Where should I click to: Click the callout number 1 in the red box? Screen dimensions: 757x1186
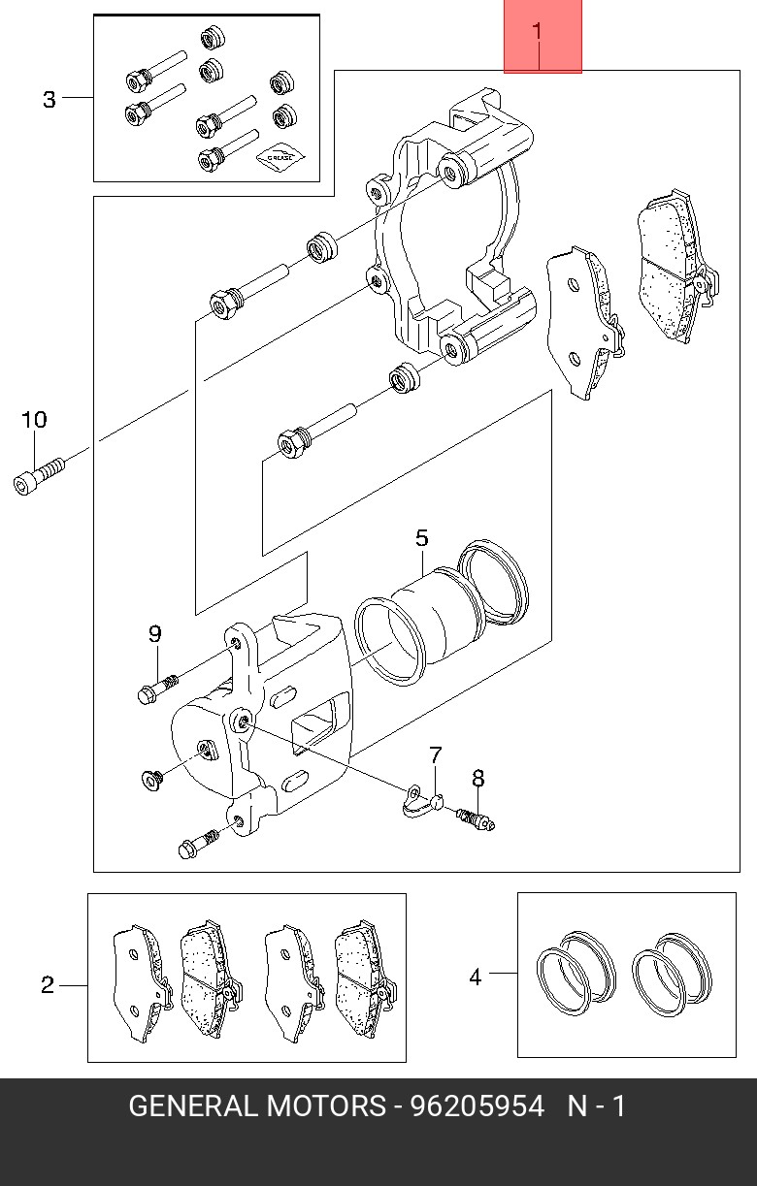[537, 31]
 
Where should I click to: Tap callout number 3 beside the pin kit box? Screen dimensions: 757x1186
[49, 99]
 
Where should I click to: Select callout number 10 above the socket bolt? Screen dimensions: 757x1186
[34, 419]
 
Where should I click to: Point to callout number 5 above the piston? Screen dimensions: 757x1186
[421, 538]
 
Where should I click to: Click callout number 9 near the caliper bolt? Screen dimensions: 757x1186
[154, 633]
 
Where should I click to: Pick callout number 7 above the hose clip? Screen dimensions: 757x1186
[435, 755]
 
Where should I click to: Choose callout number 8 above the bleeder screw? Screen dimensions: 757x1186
[477, 779]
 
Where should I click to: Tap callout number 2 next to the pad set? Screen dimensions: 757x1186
[48, 985]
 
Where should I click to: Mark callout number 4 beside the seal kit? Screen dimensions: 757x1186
[476, 977]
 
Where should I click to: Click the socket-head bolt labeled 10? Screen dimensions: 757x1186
[39, 476]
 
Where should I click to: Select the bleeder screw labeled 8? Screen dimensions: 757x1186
[476, 819]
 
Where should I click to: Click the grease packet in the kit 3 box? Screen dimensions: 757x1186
[281, 157]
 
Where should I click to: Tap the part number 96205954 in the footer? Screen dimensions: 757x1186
[477, 1106]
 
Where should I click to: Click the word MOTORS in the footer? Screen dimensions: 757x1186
[325, 1106]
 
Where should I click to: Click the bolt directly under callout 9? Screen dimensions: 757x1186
[157, 689]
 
